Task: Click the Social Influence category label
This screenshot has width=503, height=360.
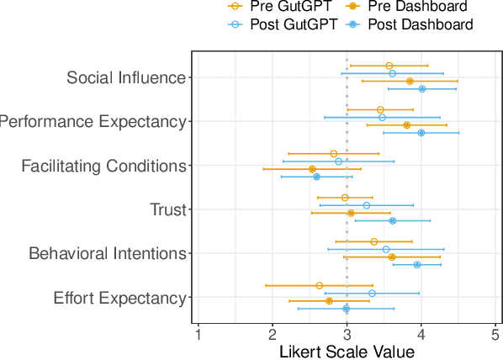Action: [x=125, y=78]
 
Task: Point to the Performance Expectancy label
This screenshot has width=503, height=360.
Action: [x=92, y=122]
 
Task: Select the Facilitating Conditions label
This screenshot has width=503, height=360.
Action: [x=103, y=166]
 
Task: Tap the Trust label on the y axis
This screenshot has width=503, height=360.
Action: [x=167, y=209]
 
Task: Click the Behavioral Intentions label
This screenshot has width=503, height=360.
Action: [x=107, y=253]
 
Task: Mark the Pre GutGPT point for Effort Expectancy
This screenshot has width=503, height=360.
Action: [x=319, y=285]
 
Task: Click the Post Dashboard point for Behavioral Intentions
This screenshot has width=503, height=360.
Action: [x=417, y=265]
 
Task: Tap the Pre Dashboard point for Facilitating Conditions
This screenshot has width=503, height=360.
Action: [x=312, y=169]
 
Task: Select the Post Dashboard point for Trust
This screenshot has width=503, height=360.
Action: [x=392, y=221]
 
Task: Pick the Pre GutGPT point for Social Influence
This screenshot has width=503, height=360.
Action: [x=389, y=66]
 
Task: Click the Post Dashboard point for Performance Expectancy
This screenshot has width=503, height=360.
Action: [x=421, y=133]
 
